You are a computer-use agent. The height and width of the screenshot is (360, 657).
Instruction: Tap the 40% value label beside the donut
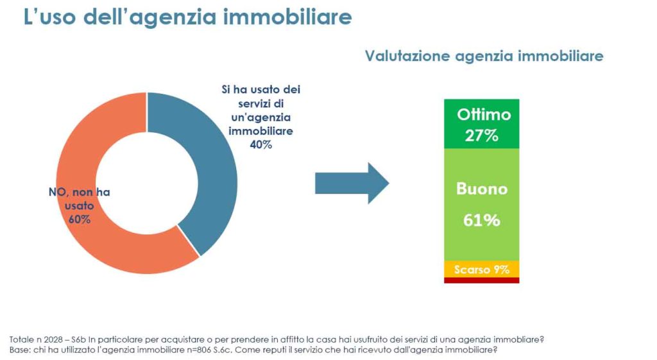pyautogui.click(x=261, y=145)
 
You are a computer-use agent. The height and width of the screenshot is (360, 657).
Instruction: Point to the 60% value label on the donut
pyautogui.click(x=79, y=219)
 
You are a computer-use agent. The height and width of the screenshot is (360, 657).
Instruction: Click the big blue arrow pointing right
pyautogui.click(x=352, y=183)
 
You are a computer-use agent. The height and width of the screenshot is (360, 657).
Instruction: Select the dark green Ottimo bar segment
pyautogui.click(x=481, y=124)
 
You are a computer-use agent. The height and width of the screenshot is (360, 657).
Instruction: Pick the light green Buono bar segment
pyautogui.click(x=481, y=205)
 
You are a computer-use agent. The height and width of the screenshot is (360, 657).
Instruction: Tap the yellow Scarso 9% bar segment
pyautogui.click(x=481, y=269)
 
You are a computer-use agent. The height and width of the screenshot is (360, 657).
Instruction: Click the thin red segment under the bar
pyautogui.click(x=481, y=280)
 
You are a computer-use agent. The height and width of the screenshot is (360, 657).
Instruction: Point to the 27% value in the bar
pyautogui.click(x=481, y=136)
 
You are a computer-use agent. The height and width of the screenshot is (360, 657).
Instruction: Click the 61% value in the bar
pyautogui.click(x=481, y=221)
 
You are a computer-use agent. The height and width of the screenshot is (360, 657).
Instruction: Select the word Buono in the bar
pyautogui.click(x=481, y=189)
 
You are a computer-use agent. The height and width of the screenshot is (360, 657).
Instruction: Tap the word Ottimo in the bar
pyautogui.click(x=484, y=114)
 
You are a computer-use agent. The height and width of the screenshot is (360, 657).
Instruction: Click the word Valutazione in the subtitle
pyautogui.click(x=407, y=56)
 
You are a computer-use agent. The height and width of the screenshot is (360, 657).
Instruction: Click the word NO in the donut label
pyautogui.click(x=58, y=193)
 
